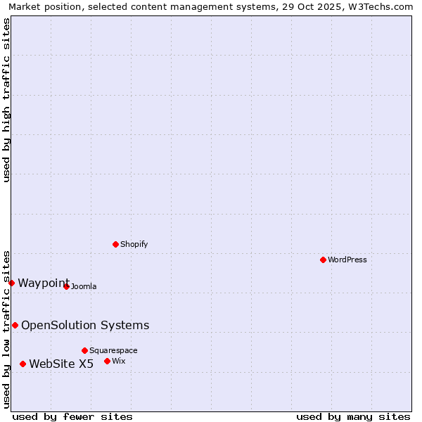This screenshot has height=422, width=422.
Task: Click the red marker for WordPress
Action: tap(323, 260)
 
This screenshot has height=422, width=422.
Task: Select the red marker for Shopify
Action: tap(115, 244)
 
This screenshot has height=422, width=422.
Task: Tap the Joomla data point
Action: tap(66, 286)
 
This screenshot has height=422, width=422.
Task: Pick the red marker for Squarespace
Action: tap(84, 350)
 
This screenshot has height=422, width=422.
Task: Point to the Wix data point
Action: tap(107, 361)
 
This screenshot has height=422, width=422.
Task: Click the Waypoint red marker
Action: tap(11, 283)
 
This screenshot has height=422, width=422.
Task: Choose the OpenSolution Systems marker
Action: tap(15, 325)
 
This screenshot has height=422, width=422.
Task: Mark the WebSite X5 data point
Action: tap(23, 364)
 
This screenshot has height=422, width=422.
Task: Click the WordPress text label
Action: tap(347, 260)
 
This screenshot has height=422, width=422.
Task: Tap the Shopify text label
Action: tap(134, 244)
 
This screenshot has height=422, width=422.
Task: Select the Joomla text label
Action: tap(84, 286)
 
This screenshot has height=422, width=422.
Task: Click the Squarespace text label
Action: tap(113, 350)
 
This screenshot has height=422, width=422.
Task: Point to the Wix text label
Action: tap(118, 361)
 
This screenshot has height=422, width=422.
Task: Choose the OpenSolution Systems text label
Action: tap(85, 325)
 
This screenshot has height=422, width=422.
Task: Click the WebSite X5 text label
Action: tap(61, 364)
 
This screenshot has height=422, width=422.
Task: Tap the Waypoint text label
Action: tap(44, 283)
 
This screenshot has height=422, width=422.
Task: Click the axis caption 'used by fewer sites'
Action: tap(72, 416)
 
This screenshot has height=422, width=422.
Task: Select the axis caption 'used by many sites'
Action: tap(353, 416)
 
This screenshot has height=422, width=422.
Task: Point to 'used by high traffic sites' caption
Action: tap(6, 100)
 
